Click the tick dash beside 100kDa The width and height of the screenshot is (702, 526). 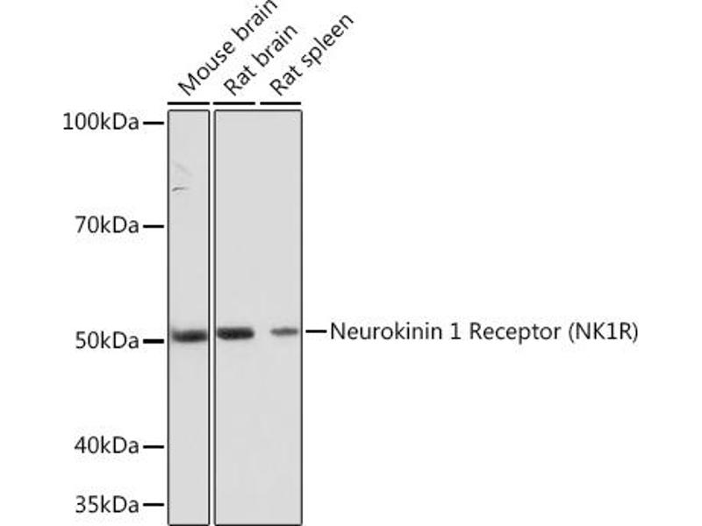tap(154, 124)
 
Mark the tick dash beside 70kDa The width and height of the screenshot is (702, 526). tap(154, 227)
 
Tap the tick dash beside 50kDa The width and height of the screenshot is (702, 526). tap(154, 340)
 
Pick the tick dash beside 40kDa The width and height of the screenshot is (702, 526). tap(154, 447)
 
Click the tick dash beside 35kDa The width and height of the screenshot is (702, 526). tap(154, 506)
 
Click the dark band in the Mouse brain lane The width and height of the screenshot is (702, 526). tap(189, 335)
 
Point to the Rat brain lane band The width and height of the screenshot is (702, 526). tap(234, 333)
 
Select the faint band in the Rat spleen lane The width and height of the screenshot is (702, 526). tap(283, 331)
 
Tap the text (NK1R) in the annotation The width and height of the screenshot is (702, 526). tap(604, 331)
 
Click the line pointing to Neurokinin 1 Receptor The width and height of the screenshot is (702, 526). tap(315, 331)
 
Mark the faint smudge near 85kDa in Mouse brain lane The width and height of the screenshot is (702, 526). tap(181, 188)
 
